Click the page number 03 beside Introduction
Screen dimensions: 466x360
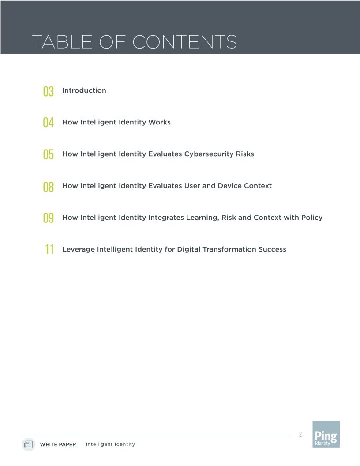pos(49,91)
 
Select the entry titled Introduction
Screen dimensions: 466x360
pos(84,90)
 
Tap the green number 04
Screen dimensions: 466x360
pos(49,123)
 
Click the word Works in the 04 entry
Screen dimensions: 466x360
pos(159,122)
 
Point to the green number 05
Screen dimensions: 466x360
pos(49,154)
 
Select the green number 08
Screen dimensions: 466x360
pos(49,187)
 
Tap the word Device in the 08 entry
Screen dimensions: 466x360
pos(229,186)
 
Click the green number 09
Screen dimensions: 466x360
pos(49,218)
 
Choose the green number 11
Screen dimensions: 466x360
pos(49,250)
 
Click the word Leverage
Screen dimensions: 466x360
pos(78,249)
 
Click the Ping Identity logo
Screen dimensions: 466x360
pos(326,434)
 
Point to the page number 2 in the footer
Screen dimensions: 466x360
pos(300,435)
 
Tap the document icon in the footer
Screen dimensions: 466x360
pos(29,444)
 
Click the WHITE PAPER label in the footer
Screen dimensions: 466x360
pos(58,444)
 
